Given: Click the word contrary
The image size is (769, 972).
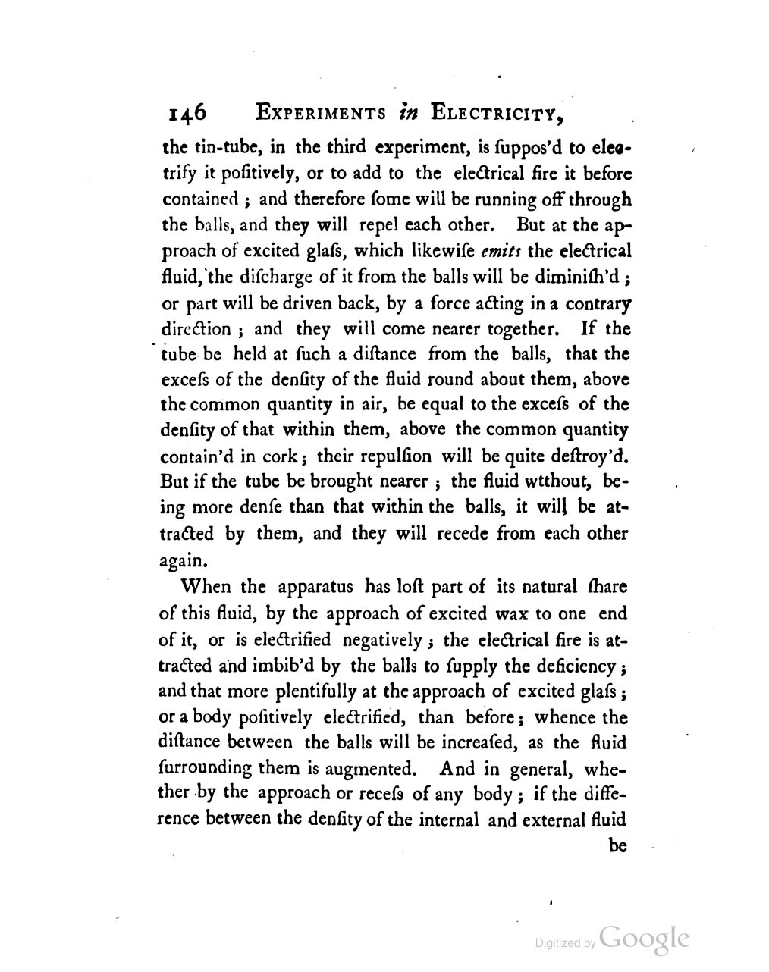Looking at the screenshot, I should click(595, 303).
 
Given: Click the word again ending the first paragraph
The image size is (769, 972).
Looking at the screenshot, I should click(183, 561).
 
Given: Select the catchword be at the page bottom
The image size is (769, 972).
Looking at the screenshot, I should click(618, 845).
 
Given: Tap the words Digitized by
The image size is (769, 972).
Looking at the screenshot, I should click(565, 943).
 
